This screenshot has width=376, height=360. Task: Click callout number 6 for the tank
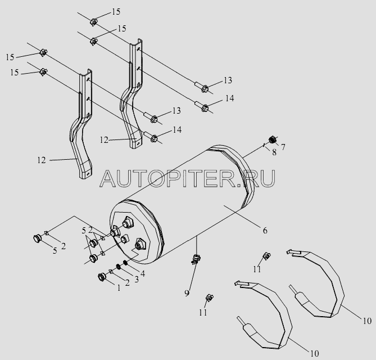click(x=265, y=231)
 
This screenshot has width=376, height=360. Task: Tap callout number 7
click(x=283, y=147)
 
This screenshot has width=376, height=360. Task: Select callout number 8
click(x=274, y=152)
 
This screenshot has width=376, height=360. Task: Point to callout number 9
click(x=187, y=293)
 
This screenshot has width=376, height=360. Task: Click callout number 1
click(x=119, y=288)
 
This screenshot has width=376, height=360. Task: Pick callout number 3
click(x=136, y=280)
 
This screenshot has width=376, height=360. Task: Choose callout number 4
click(x=143, y=273)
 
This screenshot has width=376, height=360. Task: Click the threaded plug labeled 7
click(x=272, y=139)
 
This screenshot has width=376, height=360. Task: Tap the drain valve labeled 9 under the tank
click(x=196, y=259)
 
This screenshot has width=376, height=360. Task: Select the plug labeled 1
click(x=102, y=277)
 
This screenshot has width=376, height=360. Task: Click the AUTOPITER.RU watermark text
click(x=188, y=178)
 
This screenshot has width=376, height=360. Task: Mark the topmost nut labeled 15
click(x=93, y=22)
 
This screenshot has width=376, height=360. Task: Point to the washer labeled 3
click(x=118, y=267)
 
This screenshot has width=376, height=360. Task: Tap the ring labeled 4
click(x=125, y=263)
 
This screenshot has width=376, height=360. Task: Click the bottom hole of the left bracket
click(x=88, y=173)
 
